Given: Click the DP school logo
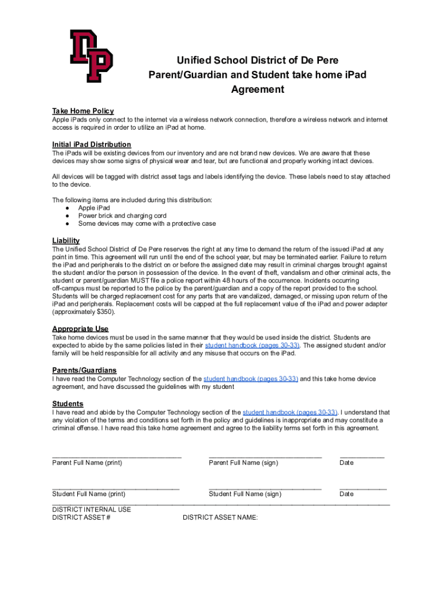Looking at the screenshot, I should click(x=91, y=56).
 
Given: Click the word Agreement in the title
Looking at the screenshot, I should click(x=257, y=89).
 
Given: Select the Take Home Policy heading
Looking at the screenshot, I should click(x=82, y=111).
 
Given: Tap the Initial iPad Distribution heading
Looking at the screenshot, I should click(x=91, y=144).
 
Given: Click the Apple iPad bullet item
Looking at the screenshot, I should click(x=94, y=208).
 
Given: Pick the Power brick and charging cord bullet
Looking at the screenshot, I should click(x=122, y=216).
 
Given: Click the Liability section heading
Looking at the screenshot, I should click(x=66, y=240).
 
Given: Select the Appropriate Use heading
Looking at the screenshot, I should click(x=80, y=329).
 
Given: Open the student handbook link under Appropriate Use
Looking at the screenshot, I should click(x=252, y=345).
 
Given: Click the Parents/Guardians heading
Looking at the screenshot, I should click(x=84, y=370).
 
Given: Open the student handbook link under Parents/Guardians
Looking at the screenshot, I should click(x=250, y=379).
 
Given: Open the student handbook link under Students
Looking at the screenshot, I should click(x=290, y=413).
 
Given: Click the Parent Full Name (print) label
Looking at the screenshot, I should click(x=87, y=463).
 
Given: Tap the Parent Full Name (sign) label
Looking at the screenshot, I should click(x=243, y=463).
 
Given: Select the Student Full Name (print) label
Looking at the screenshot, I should click(x=89, y=494).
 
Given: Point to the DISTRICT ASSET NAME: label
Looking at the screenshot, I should click(x=220, y=517).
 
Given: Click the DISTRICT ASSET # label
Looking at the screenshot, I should click(x=81, y=517).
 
